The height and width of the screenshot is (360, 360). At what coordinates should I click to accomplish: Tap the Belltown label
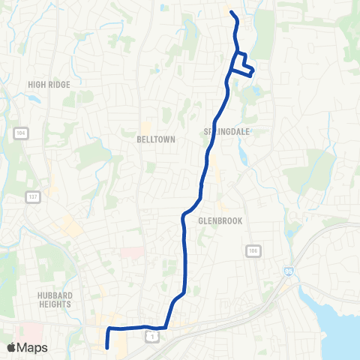coord(155,139)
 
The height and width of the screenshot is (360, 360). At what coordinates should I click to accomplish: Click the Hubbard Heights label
coord(54,300)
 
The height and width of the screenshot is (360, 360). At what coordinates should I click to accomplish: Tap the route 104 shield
coord(19,133)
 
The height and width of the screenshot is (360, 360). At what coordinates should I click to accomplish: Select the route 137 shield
coord(32,197)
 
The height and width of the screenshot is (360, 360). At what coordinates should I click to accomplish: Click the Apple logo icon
coord(12,347)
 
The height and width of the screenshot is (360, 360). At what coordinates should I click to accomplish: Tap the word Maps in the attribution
coord(32,347)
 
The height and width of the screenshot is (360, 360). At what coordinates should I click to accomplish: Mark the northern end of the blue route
coord(231,13)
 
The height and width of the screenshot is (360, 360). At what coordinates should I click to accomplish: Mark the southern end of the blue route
coord(108,347)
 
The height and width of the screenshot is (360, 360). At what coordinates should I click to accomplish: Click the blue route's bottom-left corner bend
coord(109,329)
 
